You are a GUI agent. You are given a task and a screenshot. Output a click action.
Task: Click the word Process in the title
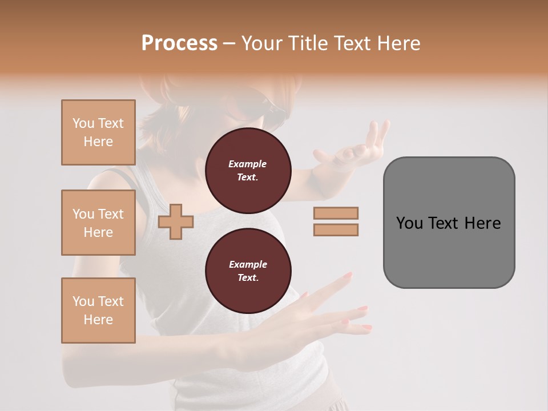coord(179,43)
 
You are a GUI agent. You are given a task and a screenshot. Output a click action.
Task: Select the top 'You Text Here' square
coord(98,132)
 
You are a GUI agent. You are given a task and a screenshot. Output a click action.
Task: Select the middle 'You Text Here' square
coord(98,223)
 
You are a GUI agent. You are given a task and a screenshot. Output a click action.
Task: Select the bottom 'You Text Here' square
coord(98,311)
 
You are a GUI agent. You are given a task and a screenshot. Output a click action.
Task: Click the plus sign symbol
coord(175,222)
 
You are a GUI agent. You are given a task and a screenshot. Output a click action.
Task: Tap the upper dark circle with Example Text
coord(248,171)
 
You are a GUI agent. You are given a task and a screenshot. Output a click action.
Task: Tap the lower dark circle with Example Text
coord(248,271)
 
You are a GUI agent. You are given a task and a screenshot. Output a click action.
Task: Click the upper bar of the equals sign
coord(336,213)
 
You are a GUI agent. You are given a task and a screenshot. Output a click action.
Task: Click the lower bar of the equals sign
coord(336,230)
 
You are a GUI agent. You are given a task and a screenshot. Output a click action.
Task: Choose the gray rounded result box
coord(449,223)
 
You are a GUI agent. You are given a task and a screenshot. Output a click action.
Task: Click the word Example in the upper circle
coord(248,164)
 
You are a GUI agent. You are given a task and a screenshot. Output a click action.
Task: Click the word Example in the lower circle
coord(248,264)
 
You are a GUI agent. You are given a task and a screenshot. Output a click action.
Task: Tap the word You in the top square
coord(83,123)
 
